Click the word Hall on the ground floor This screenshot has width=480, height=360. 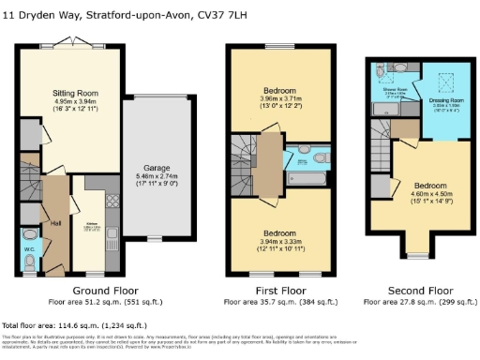pos(55,222)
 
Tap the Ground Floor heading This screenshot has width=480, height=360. pos(99,292)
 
